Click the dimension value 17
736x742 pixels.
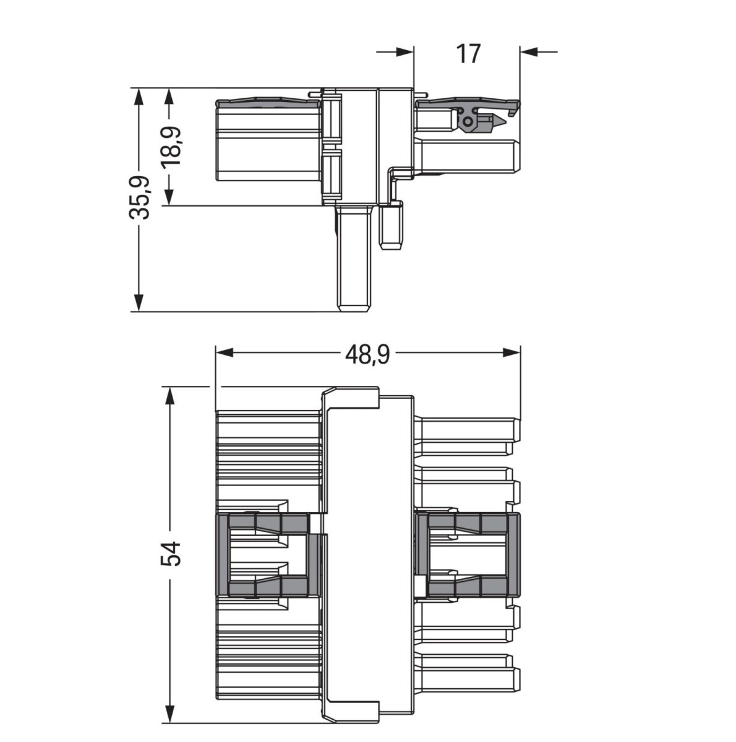[468, 54]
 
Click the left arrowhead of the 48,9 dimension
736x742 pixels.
[223, 352]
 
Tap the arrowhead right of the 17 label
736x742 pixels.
[529, 52]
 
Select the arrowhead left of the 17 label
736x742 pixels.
[405, 52]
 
